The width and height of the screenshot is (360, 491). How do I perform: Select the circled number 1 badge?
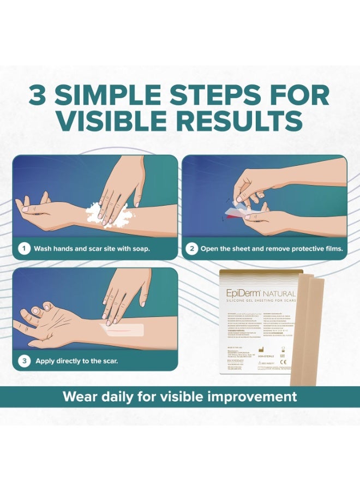tap(23, 249)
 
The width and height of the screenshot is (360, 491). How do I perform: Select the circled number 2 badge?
tap(191, 249)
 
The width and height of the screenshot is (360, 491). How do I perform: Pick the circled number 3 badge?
tap(25, 361)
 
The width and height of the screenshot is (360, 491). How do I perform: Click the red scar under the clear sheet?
tap(121, 329)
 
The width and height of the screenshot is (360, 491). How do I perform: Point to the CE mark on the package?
tap(283, 361)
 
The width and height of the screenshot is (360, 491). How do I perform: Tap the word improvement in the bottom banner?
tap(255, 397)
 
